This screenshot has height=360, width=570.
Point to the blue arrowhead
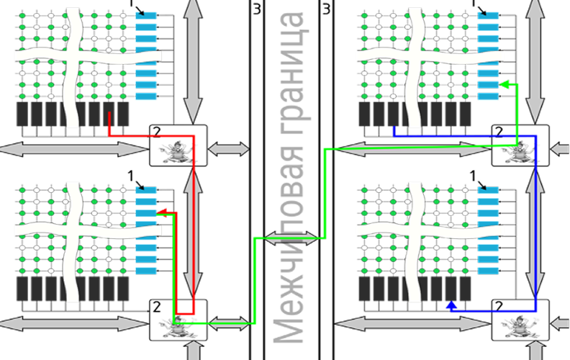(x=451, y=306)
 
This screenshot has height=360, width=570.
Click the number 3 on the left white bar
(x=256, y=9)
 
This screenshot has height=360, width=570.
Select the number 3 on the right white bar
(x=327, y=9)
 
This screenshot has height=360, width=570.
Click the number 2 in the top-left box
(x=156, y=132)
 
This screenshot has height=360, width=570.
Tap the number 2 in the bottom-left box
(x=156, y=307)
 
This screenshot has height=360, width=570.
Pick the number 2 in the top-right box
(x=498, y=132)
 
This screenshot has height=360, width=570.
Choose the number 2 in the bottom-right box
(x=498, y=307)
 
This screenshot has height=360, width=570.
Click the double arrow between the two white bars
(x=291, y=238)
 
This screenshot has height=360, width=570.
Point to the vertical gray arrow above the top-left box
(x=192, y=61)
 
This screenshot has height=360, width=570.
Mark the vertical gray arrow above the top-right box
(x=535, y=61)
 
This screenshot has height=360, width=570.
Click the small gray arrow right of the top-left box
(x=229, y=149)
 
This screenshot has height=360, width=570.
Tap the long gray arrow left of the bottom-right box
(x=413, y=324)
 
